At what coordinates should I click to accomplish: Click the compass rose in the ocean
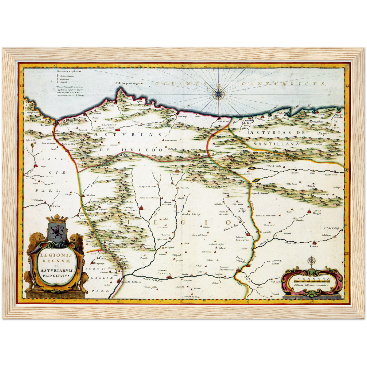tap(218, 94)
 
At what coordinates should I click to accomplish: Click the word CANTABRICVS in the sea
tap(283, 84)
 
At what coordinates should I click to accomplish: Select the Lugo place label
tap(42, 167)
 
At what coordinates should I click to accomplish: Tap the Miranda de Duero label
tap(132, 282)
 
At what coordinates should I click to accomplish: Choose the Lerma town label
tap(314, 246)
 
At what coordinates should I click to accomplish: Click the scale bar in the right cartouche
tap(311, 280)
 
